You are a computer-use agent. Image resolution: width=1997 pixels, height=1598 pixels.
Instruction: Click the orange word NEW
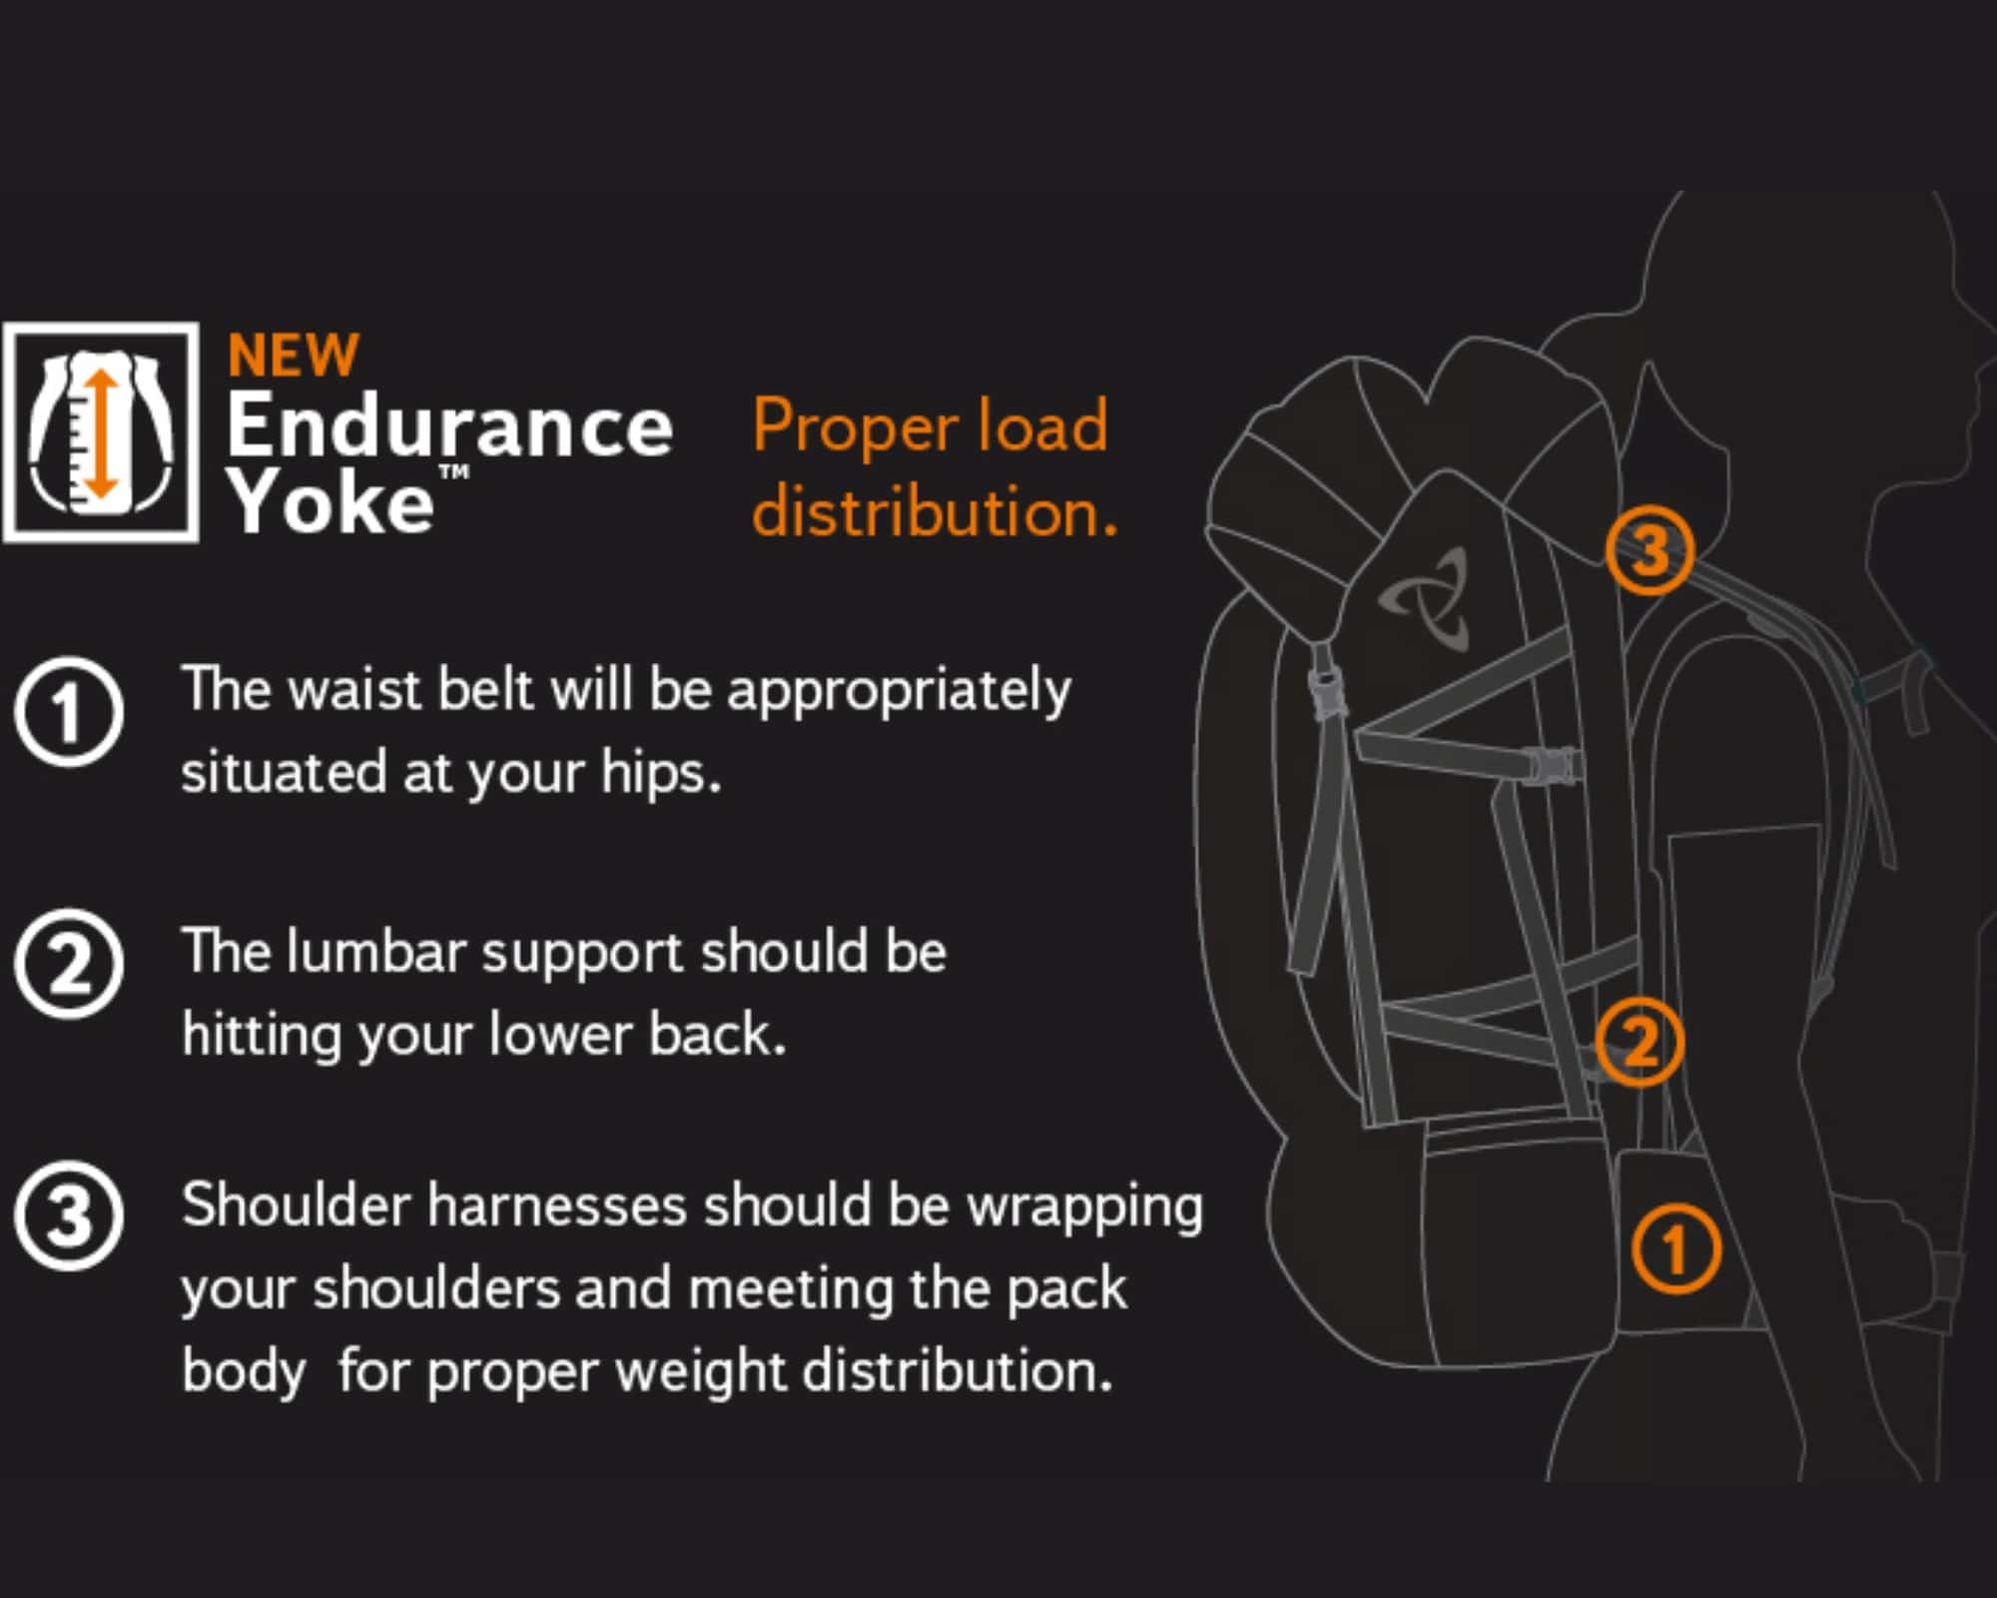pos(293,356)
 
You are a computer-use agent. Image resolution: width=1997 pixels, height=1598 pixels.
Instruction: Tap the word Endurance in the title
pos(450,425)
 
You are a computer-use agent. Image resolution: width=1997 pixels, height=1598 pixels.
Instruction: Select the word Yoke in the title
pos(330,501)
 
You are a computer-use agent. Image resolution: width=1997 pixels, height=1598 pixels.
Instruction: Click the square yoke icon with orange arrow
pos(101,432)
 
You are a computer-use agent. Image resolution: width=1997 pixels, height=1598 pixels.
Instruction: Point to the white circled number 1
pos(69,712)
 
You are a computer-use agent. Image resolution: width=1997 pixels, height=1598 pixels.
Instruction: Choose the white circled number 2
pos(69,964)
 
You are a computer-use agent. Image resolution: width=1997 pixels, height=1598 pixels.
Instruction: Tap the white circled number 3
pos(69,1216)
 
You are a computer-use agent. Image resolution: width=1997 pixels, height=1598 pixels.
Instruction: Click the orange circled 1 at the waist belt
pos(1676,1248)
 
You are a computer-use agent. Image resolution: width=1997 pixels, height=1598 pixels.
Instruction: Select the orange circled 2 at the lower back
pos(1640,1042)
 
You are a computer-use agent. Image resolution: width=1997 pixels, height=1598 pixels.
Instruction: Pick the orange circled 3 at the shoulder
pos(1650,550)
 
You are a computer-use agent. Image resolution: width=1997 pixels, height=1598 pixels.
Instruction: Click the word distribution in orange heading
pos(935,511)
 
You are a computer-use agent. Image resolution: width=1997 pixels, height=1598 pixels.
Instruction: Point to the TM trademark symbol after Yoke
pos(454,471)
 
